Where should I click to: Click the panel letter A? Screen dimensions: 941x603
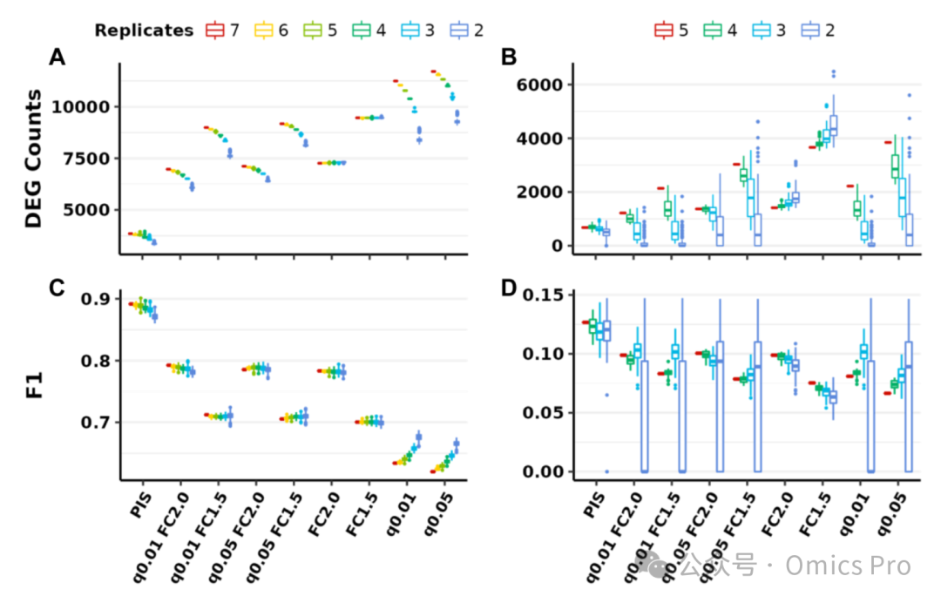(x=57, y=57)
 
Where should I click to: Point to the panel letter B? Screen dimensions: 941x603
(x=509, y=57)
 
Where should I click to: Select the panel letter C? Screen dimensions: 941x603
(x=57, y=288)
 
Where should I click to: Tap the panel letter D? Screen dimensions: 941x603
(x=509, y=288)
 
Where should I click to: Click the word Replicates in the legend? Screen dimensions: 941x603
(x=144, y=30)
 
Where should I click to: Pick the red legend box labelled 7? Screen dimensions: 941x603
(x=214, y=30)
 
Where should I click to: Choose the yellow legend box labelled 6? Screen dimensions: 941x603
(x=263, y=30)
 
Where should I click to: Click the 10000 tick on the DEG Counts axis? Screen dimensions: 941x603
(x=81, y=107)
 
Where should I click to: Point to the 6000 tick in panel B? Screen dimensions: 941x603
(x=540, y=85)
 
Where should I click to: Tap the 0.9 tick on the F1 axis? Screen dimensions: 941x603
(x=96, y=299)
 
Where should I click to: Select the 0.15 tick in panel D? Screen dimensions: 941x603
(x=543, y=295)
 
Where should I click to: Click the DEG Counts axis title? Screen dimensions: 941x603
(x=34, y=159)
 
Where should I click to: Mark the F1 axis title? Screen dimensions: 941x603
(x=34, y=384)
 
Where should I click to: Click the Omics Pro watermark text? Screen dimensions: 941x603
(x=848, y=566)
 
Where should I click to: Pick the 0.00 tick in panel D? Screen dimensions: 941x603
(x=543, y=471)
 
